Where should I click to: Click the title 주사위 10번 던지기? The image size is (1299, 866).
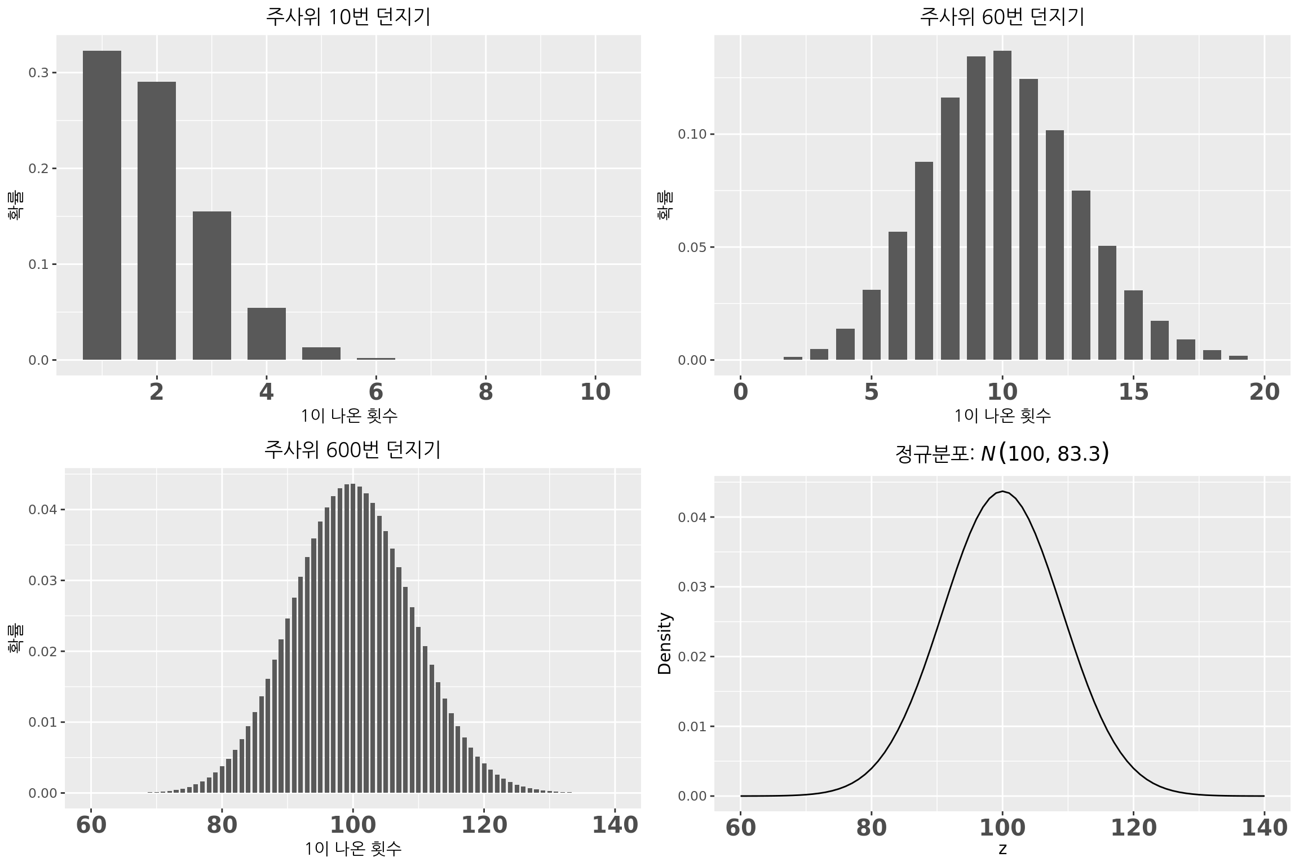[x=348, y=17]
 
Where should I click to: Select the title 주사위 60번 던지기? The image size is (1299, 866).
[x=1002, y=17]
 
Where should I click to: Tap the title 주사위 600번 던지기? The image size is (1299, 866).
[x=352, y=450]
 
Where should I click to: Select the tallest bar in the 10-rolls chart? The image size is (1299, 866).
[x=102, y=205]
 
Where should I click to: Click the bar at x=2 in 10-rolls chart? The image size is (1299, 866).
[x=157, y=220]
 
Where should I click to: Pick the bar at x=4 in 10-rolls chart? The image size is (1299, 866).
[x=266, y=334]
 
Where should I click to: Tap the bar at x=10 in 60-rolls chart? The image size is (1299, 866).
[x=1002, y=205]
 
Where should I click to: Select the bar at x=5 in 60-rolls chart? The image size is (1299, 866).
[x=871, y=325]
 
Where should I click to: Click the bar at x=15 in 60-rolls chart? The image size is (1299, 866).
[x=1133, y=325]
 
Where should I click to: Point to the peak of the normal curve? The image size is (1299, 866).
[x=1002, y=492]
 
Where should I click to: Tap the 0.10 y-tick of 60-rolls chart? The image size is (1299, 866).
[x=692, y=134]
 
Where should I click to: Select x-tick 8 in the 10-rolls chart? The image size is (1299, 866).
[x=485, y=392]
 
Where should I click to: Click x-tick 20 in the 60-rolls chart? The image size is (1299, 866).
[x=1265, y=392]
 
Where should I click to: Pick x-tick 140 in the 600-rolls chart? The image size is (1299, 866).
[x=615, y=825]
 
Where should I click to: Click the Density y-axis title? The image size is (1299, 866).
[x=665, y=643]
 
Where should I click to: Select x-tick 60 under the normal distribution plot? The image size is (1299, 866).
[x=741, y=828]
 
